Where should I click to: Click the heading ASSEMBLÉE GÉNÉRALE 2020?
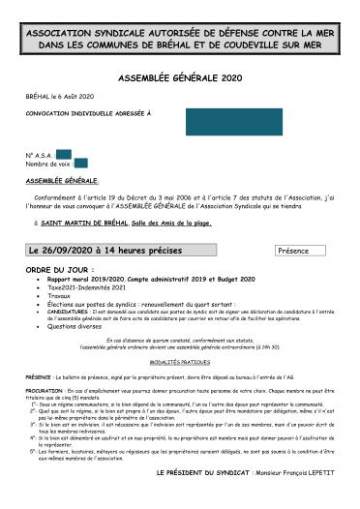(179, 76)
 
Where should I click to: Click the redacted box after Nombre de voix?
(80, 163)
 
